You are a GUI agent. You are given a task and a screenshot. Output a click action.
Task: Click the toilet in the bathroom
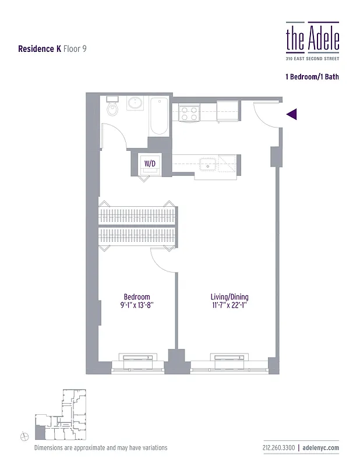112,107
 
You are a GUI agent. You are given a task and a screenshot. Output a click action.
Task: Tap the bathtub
159,116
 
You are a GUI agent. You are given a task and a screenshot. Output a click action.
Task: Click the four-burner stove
189,111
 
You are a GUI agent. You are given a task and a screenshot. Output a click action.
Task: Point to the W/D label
150,164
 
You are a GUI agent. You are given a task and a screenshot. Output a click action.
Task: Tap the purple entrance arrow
292,114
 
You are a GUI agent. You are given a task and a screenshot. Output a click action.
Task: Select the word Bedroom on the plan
137,296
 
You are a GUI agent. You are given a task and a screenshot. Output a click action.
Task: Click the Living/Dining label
229,296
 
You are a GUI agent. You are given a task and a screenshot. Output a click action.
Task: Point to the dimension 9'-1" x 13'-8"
137,305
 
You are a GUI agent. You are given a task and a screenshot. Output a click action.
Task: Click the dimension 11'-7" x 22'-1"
229,305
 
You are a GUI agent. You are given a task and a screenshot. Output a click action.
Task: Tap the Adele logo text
312,38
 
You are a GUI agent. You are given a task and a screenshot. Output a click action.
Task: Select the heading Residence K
40,50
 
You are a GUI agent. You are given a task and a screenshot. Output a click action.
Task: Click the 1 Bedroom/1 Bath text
312,77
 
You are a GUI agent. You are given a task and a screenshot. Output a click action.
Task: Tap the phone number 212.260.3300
278,447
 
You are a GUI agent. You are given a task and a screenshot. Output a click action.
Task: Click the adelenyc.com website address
322,447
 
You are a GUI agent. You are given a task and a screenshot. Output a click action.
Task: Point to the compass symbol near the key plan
24,435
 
